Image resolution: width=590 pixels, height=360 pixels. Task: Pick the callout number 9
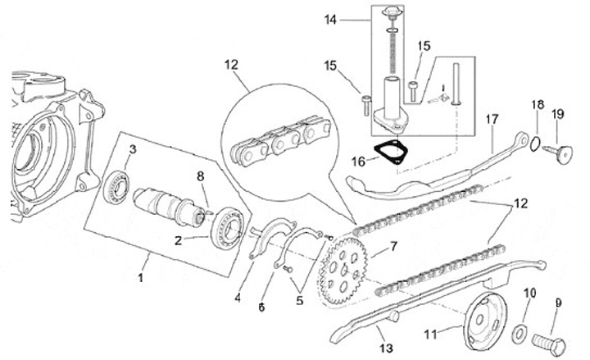[559, 303]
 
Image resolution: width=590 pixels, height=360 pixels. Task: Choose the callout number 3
[132, 148]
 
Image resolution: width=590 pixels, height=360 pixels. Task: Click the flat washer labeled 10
[520, 333]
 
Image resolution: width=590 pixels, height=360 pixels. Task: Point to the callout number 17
[491, 120]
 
